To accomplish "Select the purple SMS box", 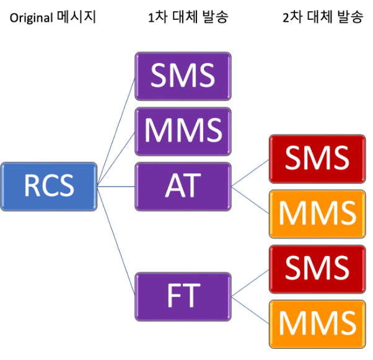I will (x=183, y=76).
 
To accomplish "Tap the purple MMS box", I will (x=183, y=131).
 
